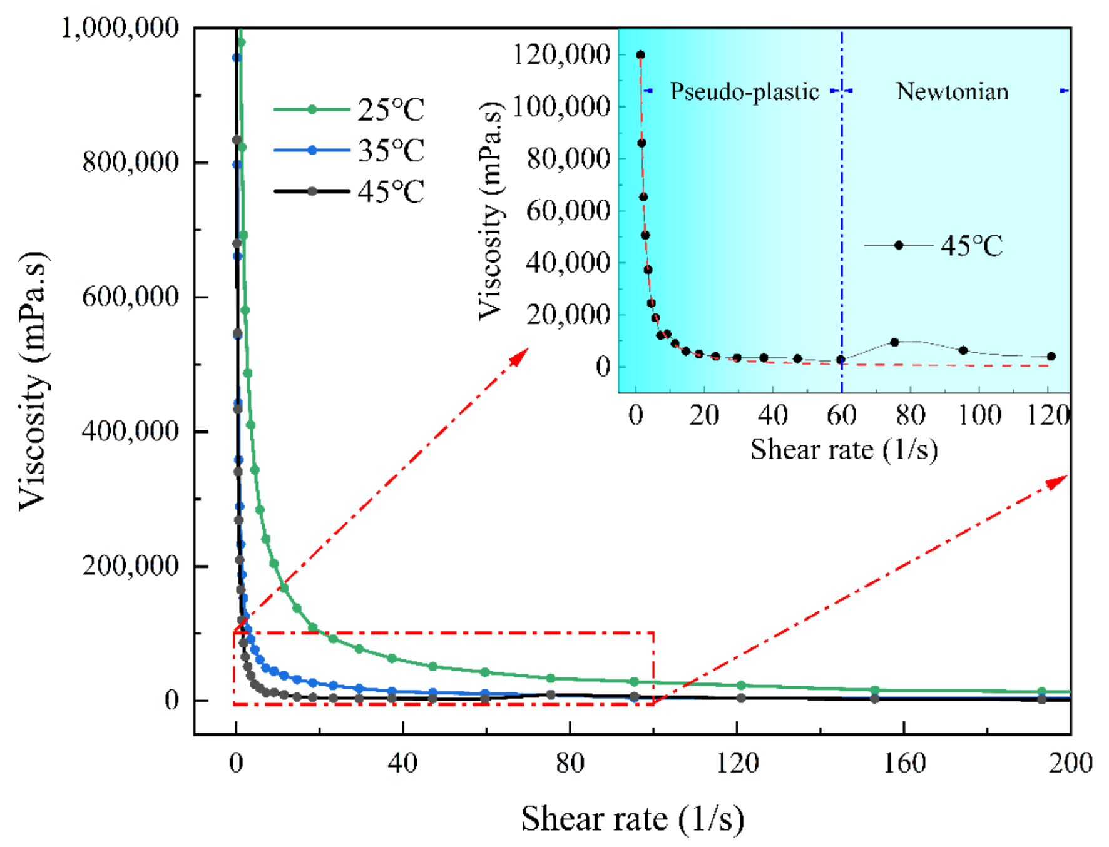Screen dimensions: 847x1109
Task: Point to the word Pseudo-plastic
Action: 744,92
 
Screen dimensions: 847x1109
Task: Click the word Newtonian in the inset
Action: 952,92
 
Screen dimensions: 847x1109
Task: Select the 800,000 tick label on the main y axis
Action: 130,162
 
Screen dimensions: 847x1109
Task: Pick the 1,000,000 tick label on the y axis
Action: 120,28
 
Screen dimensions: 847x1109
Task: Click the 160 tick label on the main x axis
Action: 904,763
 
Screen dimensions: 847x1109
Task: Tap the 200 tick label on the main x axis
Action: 1070,763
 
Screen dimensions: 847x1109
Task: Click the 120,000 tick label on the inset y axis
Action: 561,55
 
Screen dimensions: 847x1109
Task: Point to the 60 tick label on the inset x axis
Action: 841,415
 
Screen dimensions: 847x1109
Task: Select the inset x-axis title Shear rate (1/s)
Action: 844,450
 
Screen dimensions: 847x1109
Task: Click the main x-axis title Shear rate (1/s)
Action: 632,818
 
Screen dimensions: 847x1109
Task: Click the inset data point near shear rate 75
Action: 894,342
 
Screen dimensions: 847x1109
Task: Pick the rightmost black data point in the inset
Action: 1051,357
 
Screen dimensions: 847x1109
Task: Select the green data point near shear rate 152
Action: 874,690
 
